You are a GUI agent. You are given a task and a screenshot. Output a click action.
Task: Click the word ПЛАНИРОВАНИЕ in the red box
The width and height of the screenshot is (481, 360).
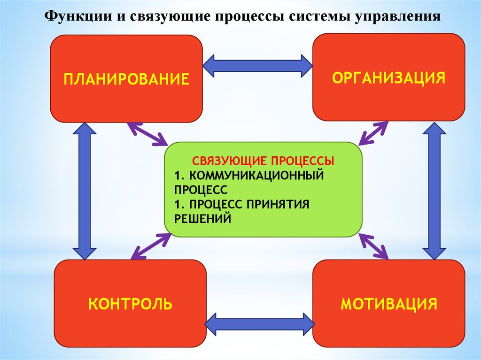pyautogui.click(x=126, y=78)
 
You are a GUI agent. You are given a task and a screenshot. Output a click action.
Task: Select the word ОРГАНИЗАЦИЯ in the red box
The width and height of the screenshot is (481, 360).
pyautogui.click(x=388, y=77)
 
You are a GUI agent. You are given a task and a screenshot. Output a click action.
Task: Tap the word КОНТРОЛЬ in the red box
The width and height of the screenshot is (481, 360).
pyautogui.click(x=130, y=304)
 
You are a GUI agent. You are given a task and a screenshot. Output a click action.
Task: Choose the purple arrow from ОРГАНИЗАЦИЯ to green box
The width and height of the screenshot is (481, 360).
pyautogui.click(x=373, y=133)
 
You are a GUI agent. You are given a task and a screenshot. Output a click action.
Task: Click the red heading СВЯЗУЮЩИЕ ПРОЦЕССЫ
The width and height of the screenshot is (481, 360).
pyautogui.click(x=263, y=161)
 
